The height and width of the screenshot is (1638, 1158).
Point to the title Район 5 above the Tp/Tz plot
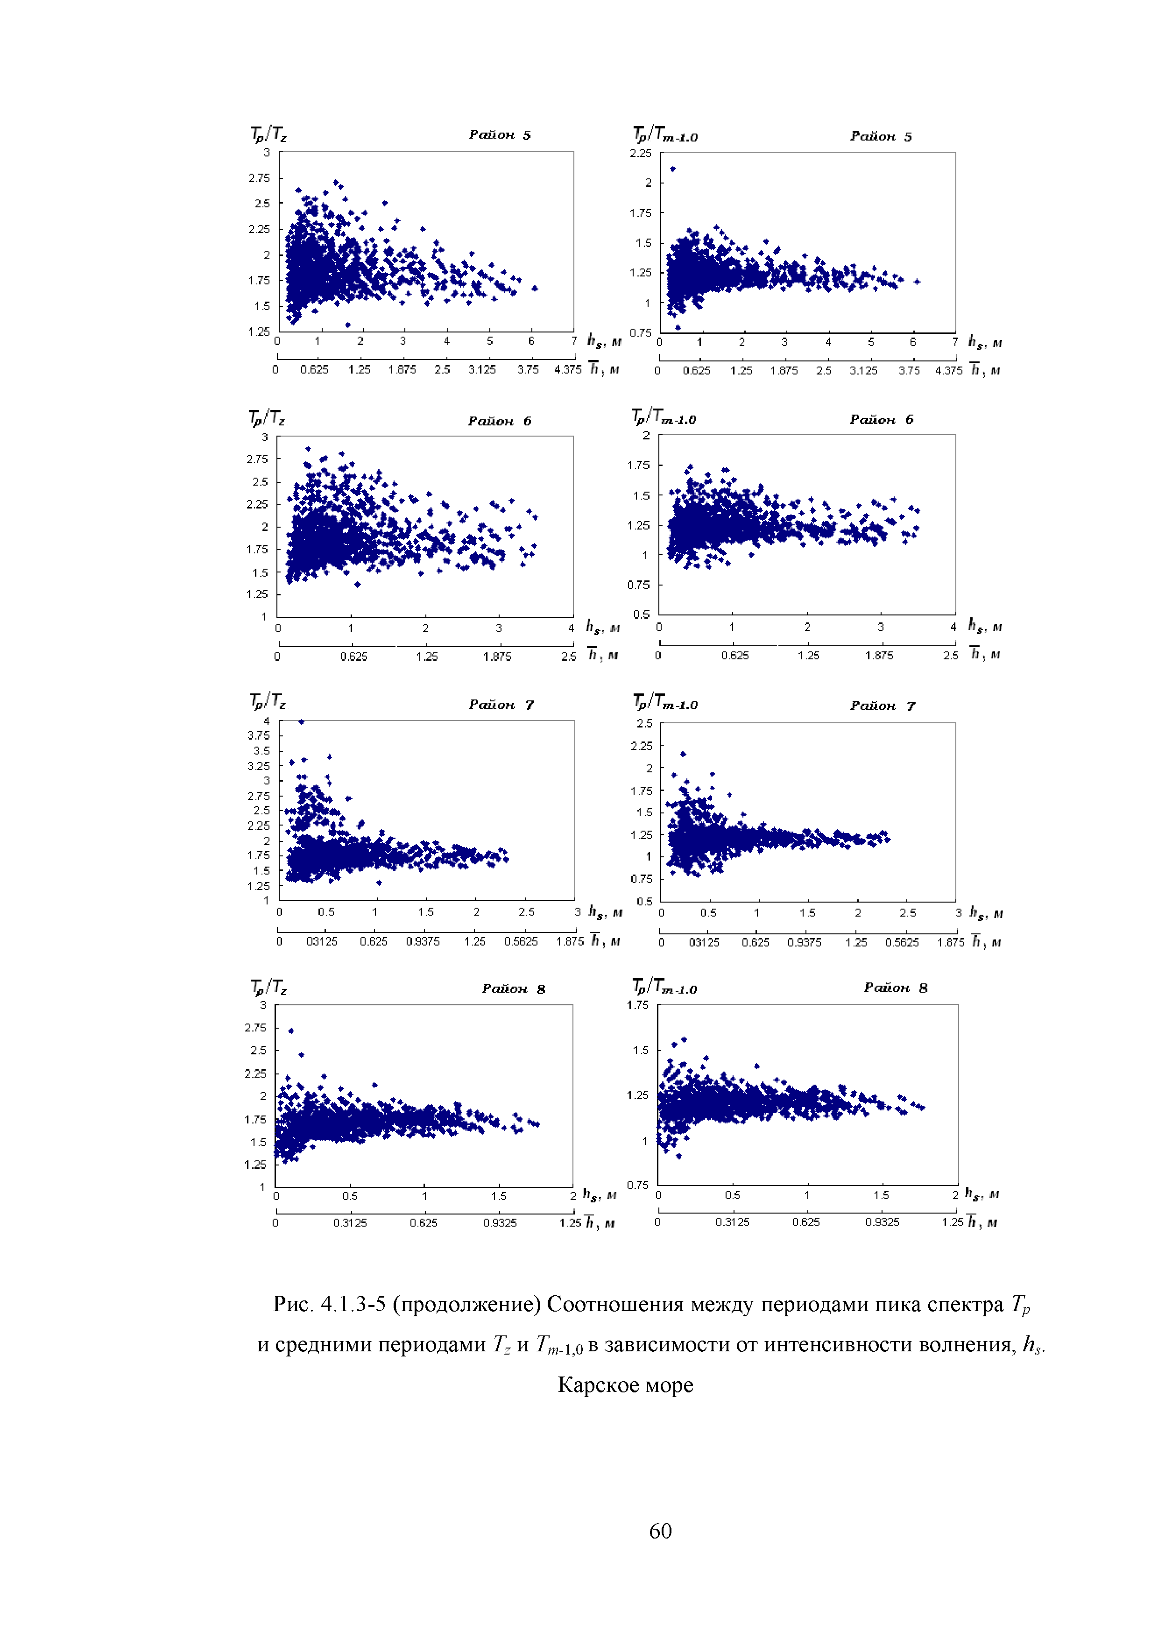500,135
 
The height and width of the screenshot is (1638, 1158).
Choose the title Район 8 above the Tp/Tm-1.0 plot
896,988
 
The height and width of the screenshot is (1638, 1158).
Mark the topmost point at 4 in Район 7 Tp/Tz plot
301,722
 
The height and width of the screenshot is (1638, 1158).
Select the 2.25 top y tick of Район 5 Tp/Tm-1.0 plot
640,153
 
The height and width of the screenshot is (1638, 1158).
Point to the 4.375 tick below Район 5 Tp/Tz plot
567,369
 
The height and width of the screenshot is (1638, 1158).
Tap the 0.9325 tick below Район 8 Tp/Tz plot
500,1223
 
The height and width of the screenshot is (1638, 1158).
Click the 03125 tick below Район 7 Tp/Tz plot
322,942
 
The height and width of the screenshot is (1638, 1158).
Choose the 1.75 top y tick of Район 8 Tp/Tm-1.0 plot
637,1005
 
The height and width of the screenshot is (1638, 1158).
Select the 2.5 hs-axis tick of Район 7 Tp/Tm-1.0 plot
908,913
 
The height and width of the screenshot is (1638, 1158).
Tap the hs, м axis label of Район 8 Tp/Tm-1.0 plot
982,1193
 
